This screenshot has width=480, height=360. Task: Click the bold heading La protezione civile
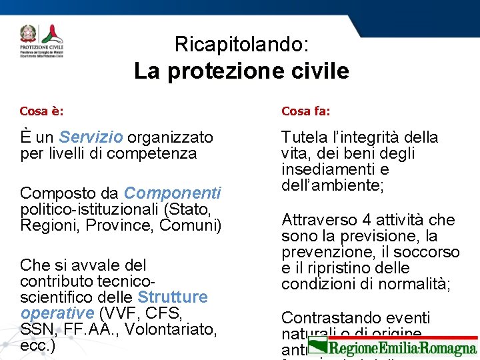241,71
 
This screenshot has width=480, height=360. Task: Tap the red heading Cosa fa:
305,111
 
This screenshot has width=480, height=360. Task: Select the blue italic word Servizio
91,137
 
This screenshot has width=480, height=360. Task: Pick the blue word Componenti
172,193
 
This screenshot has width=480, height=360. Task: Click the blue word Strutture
173,297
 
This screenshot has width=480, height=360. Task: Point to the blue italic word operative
57,313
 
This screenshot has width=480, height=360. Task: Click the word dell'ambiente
332,185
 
